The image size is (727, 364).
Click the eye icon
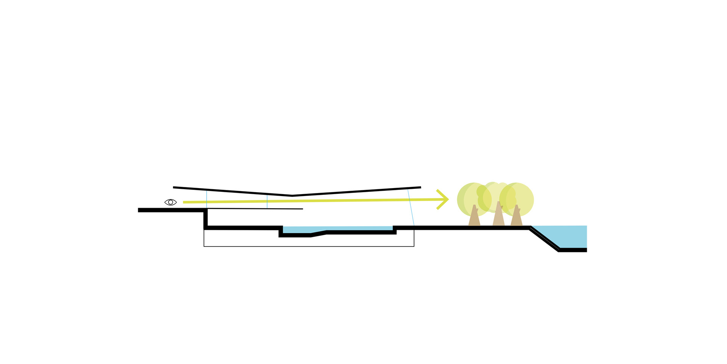click(x=170, y=202)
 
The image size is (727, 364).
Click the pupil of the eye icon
click(x=170, y=202)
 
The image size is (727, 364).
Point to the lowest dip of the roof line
click(x=292, y=196)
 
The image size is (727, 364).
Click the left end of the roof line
click(x=174, y=187)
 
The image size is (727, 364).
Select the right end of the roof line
click(x=420, y=187)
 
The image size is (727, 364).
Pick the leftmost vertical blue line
click(x=206, y=199)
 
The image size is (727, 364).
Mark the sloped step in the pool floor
click(x=318, y=234)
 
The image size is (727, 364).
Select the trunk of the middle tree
click(x=498, y=216)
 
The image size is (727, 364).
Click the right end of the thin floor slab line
click(x=302, y=209)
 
